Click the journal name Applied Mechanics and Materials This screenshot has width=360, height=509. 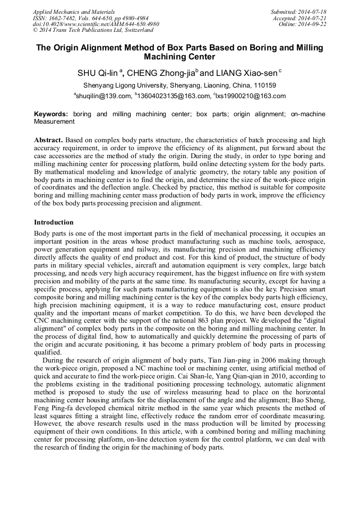(x=74, y=11)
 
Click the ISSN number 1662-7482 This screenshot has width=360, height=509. (x=61, y=18)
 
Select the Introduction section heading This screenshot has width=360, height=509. (x=54, y=222)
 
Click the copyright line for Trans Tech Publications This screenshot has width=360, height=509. (x=93, y=30)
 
